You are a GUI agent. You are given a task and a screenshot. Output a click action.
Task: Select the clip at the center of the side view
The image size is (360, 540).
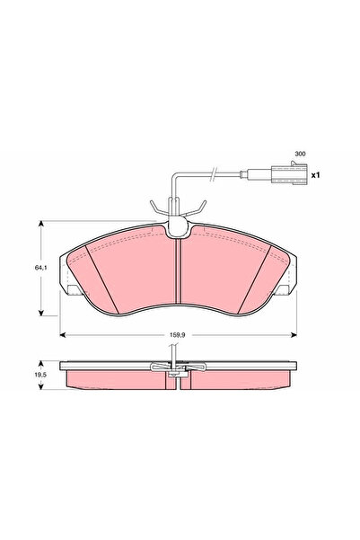[x=180, y=368]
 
